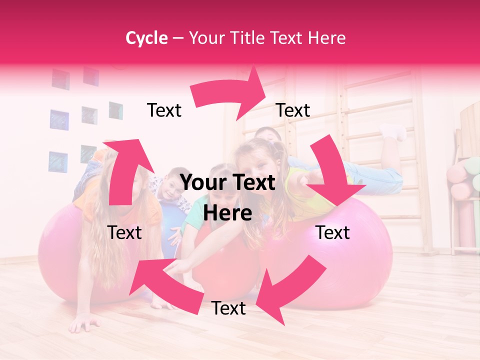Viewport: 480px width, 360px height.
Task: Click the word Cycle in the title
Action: click(146, 38)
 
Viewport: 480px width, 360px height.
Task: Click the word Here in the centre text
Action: click(228, 213)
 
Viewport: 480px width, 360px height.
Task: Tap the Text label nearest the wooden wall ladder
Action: click(293, 110)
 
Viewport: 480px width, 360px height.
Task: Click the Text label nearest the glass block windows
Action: click(164, 110)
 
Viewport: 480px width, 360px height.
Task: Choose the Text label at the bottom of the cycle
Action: click(228, 308)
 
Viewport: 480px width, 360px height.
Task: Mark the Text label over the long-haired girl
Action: click(125, 232)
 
